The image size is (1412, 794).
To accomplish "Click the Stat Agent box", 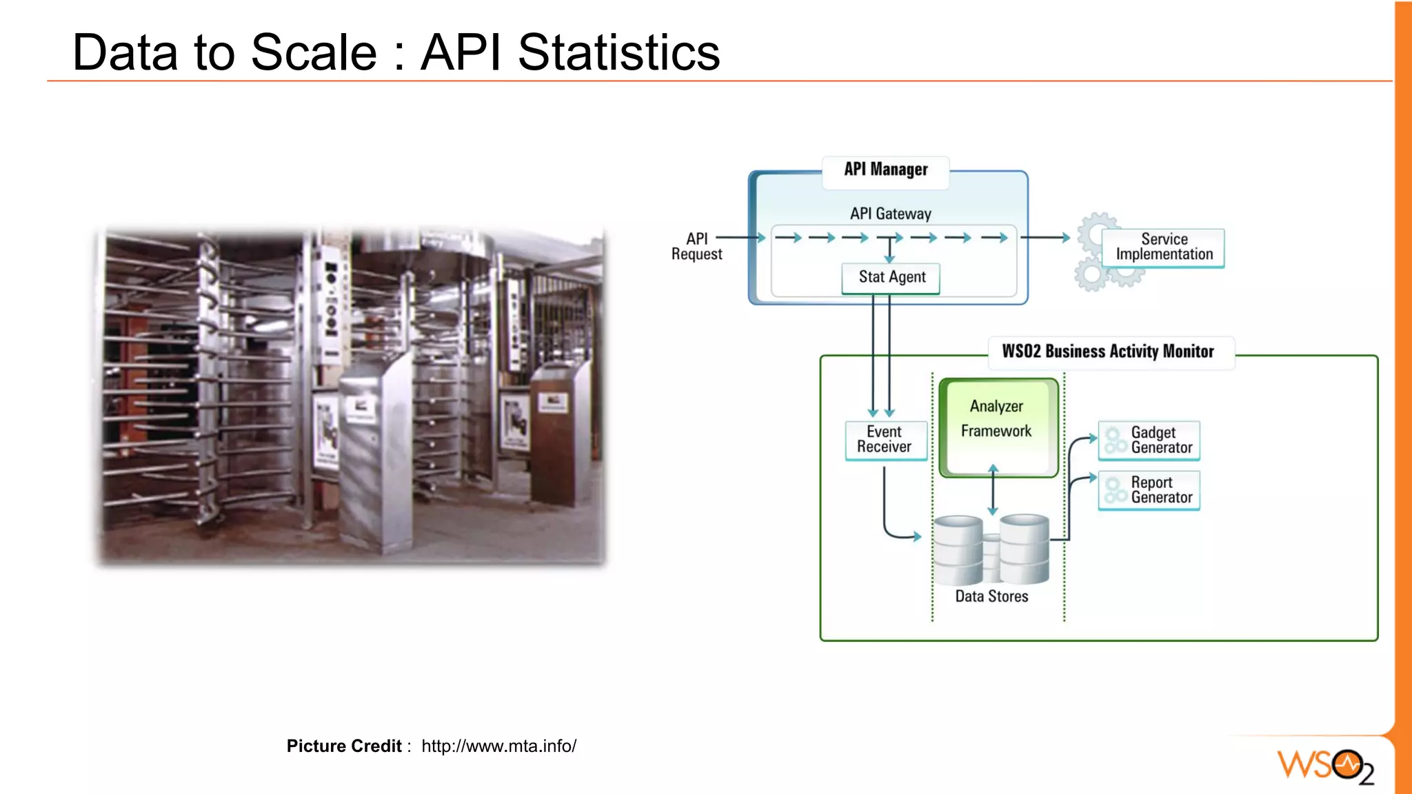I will (891, 278).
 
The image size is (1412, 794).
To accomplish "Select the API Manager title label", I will (885, 170).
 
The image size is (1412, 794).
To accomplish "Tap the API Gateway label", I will (890, 214).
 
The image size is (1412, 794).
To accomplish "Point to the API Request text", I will (696, 247).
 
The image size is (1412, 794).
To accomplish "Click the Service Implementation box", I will (1163, 247).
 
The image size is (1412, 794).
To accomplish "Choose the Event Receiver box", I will (885, 440).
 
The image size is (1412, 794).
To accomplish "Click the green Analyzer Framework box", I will (997, 426).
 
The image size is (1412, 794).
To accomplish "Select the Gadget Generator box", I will (1149, 440).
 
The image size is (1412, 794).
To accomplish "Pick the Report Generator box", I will (1149, 490).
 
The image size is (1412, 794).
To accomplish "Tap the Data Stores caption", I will (991, 597).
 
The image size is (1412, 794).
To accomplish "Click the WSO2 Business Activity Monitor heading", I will (1108, 352).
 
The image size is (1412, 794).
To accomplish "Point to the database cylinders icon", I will (991, 550).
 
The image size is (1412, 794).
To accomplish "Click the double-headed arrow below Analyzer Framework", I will (993, 491).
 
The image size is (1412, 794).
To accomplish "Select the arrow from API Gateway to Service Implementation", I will (1045, 238).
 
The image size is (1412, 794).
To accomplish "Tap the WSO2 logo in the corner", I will (1324, 766).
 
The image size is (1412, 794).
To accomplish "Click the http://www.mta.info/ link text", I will (498, 746).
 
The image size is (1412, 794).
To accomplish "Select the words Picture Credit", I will (343, 746).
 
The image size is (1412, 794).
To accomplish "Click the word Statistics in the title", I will (618, 53).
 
